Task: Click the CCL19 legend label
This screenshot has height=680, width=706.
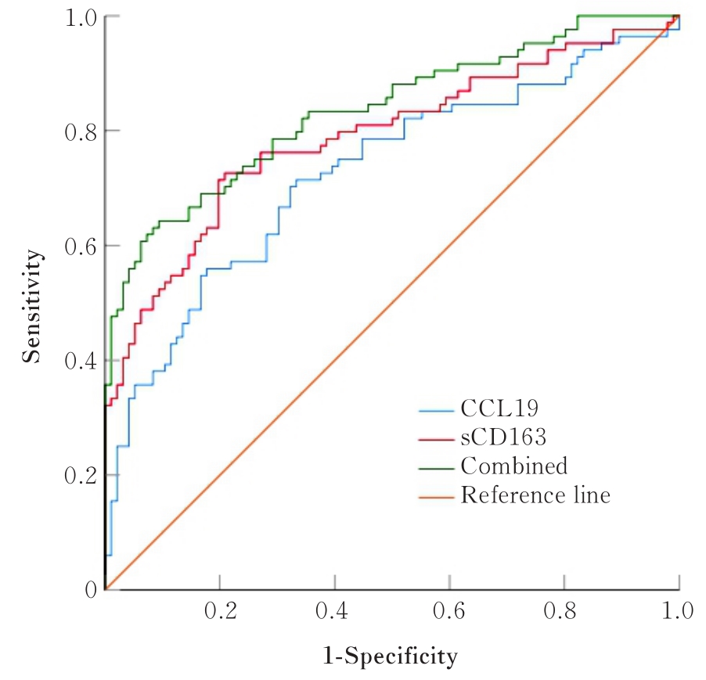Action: pos(500,409)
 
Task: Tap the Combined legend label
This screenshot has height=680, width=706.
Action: pos(513,466)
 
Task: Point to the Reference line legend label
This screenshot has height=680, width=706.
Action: pos(535,495)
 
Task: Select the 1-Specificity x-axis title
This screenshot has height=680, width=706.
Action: pos(391,656)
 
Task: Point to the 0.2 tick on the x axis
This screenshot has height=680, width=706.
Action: pos(220,611)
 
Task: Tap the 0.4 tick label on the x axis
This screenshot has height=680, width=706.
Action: pos(334,611)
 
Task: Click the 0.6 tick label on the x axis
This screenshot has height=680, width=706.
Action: pos(449,611)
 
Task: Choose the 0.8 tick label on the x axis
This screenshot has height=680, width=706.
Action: pos(564,611)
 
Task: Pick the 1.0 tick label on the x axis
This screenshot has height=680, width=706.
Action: pos(678,611)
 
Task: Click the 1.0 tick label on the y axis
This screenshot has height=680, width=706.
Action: pos(80,16)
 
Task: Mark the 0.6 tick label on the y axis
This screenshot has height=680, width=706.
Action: pos(80,246)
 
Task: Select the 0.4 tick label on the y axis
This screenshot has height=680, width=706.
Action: pos(80,361)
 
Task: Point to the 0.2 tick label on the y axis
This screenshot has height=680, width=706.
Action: pos(80,475)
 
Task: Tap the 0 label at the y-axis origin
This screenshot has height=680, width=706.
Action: pos(90,588)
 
